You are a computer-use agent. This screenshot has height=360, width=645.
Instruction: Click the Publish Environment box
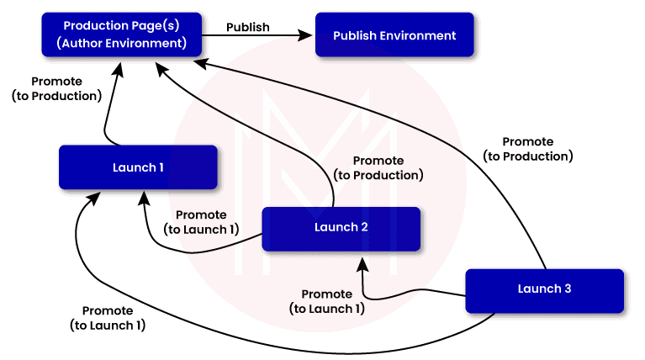[394, 35]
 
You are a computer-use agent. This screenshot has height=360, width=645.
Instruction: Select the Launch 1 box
[138, 167]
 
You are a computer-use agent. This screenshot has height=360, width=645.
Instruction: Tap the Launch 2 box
[341, 227]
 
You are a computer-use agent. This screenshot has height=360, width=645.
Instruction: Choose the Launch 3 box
[544, 289]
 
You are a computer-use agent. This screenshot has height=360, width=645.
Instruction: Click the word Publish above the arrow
[248, 27]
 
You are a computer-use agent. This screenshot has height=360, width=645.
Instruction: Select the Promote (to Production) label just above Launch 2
[378, 168]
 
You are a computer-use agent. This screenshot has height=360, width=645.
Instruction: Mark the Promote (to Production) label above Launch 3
[528, 149]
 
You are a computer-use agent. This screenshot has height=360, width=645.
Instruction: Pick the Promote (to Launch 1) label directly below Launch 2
[327, 301]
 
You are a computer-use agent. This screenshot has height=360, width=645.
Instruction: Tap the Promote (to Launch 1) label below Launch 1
[108, 317]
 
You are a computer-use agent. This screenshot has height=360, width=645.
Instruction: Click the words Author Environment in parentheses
[124, 41]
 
